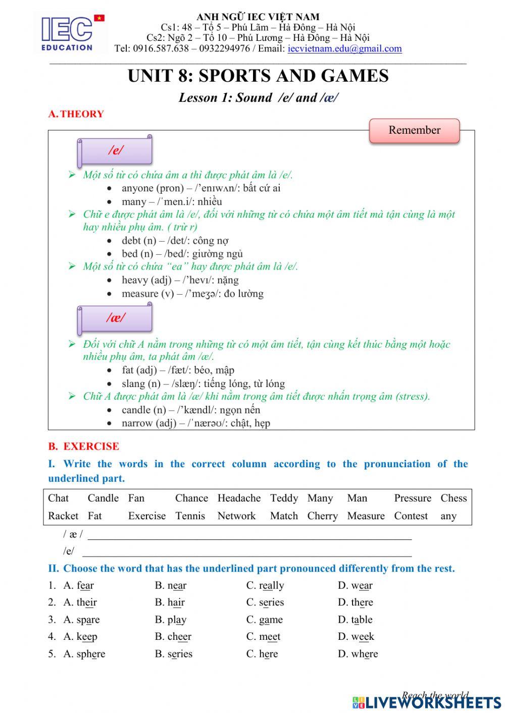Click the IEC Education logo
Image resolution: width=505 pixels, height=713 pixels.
(71, 33)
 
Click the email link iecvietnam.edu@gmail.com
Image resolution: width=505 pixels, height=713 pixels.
(344, 48)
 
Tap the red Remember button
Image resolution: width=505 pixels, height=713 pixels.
(414, 131)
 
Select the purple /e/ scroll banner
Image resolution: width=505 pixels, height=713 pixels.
(115, 150)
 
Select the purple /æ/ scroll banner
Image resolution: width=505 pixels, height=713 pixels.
(115, 318)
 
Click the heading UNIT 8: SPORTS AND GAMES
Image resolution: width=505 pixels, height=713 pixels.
(258, 76)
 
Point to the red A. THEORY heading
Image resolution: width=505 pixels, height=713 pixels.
(76, 114)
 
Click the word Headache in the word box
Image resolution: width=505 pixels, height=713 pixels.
(239, 498)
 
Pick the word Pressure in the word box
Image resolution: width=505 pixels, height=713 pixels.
(413, 498)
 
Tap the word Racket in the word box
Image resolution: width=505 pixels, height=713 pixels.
(63, 516)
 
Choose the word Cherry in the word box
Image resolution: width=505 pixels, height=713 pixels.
(322, 516)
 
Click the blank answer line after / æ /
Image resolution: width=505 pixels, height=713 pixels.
(249, 535)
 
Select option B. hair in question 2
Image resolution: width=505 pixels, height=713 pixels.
(170, 602)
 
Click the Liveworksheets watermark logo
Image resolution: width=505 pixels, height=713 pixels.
(427, 702)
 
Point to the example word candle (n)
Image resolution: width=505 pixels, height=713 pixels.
(143, 410)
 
